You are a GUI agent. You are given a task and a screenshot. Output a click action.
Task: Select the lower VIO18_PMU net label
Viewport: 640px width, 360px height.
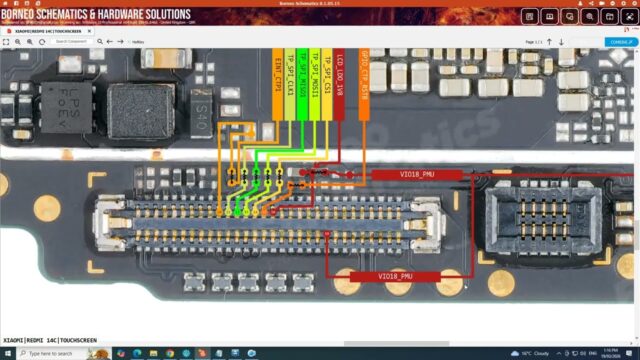pyautogui.click(x=395, y=276)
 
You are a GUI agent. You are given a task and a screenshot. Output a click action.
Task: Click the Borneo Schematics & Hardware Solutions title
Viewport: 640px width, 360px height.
pyautogui.click(x=97, y=15)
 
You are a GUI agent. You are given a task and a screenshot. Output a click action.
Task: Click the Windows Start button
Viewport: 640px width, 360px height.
pyautogui.click(x=7, y=353)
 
